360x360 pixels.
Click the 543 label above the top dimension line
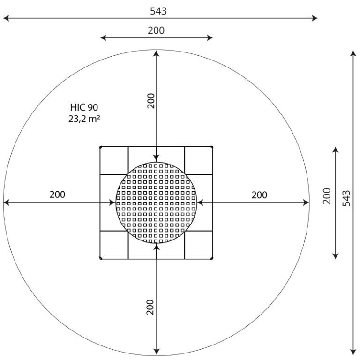click(x=158, y=11)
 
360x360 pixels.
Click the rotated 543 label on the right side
click(x=346, y=198)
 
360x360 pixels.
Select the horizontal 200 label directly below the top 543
click(x=156, y=30)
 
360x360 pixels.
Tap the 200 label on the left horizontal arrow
click(x=57, y=195)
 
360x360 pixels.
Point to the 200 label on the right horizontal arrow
click(x=259, y=195)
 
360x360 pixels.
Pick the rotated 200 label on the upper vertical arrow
click(x=151, y=101)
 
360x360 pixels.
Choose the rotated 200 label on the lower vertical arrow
click(x=150, y=307)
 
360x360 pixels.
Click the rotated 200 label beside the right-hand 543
click(x=327, y=196)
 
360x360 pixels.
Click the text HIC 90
click(x=84, y=107)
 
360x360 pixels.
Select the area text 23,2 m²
click(x=84, y=119)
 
